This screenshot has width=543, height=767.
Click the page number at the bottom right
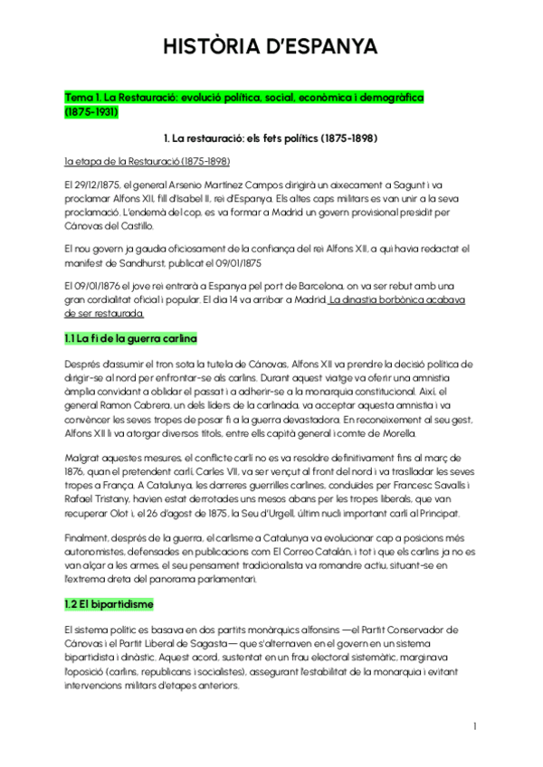coord(474,726)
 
